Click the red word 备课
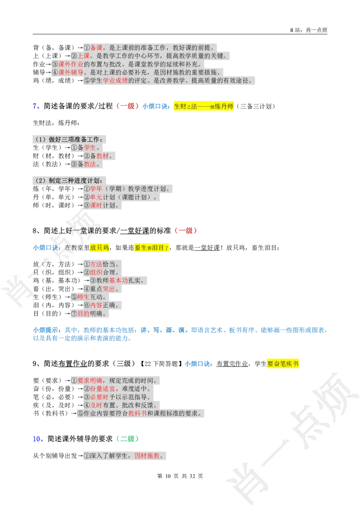click(96, 48)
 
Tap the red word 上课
click(84, 56)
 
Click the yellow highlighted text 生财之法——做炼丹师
click(205, 107)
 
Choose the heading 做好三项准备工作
click(72, 139)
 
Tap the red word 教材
click(103, 156)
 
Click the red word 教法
click(90, 164)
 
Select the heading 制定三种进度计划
click(72, 181)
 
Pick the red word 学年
click(96, 189)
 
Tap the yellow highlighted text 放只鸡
click(99, 247)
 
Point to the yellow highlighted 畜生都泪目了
click(152, 247)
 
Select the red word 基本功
click(118, 281)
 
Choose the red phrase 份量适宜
click(103, 389)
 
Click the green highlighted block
click(127, 439)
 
